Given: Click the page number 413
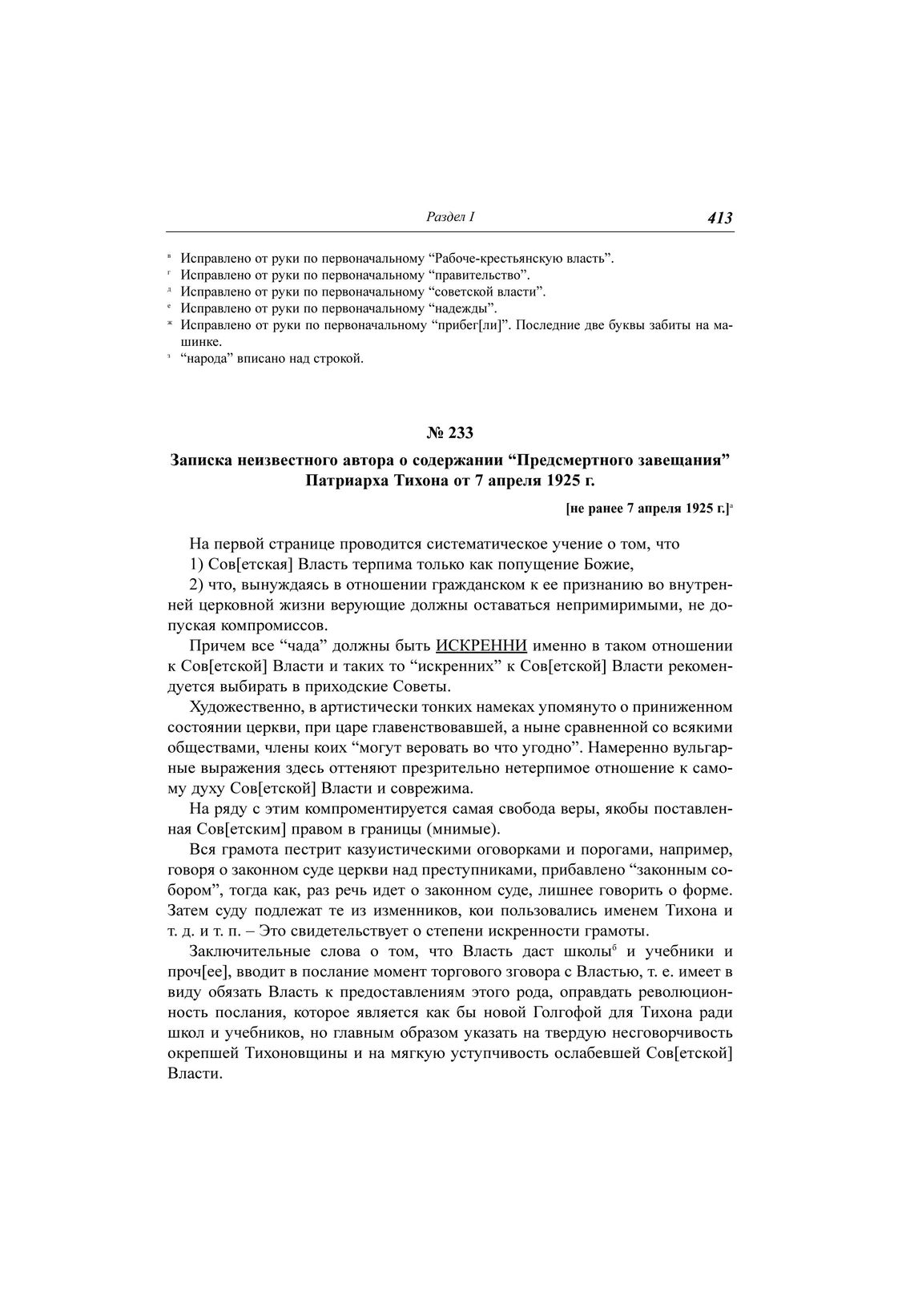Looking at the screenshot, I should point(719,218).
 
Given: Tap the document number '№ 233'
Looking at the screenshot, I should point(450,433).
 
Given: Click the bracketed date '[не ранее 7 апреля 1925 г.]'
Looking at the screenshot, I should point(646,508).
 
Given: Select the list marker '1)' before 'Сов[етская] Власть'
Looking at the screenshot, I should point(198,564).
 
